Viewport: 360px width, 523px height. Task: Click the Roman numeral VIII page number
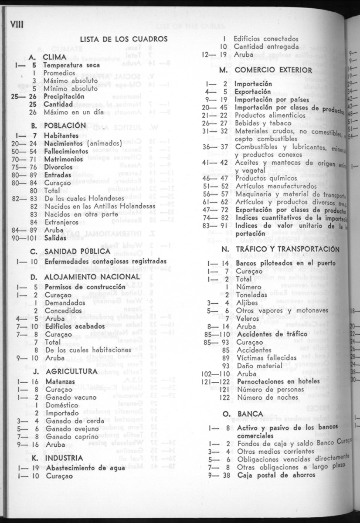tap(16, 24)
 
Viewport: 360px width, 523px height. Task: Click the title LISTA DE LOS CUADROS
tap(123, 39)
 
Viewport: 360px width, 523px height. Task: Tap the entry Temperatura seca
tap(71, 65)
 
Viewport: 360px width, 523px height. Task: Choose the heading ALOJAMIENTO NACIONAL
tap(91, 277)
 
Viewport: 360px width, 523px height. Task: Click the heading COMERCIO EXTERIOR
tap(272, 70)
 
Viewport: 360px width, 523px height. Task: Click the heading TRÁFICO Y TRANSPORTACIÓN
tap(286, 249)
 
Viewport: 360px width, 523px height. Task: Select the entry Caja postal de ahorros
tap(276, 474)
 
